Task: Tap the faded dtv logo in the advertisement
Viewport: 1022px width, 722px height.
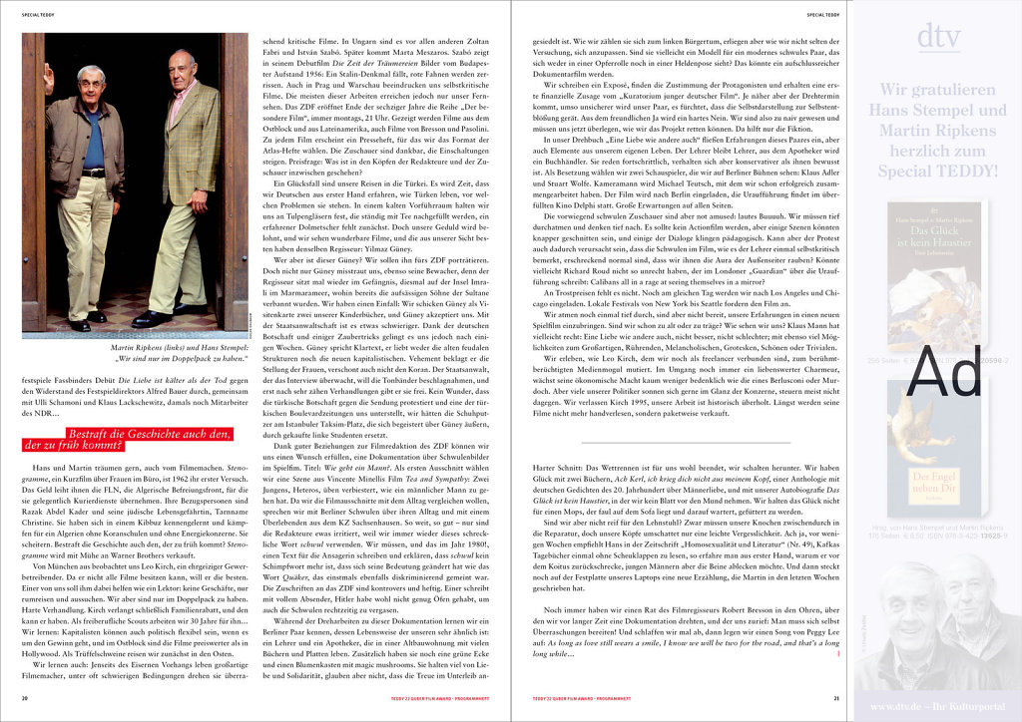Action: [937, 39]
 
